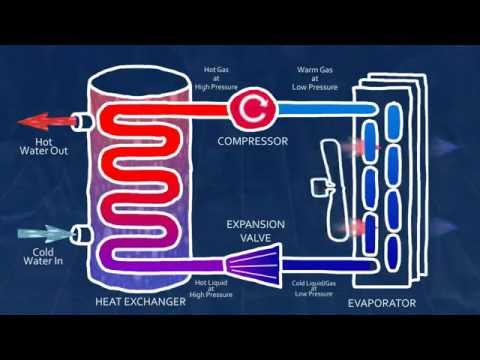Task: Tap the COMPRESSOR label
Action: click(253, 141)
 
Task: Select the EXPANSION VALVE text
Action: click(257, 232)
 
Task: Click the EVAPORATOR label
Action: click(385, 301)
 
